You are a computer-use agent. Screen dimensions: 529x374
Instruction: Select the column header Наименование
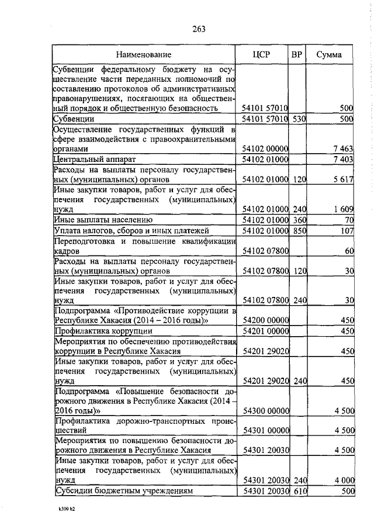144,55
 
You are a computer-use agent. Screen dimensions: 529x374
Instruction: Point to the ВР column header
297,55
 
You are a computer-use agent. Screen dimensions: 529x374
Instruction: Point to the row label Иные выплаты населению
103,220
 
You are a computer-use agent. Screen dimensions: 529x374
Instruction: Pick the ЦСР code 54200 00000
266,321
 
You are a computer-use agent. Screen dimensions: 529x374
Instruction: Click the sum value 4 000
344,480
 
